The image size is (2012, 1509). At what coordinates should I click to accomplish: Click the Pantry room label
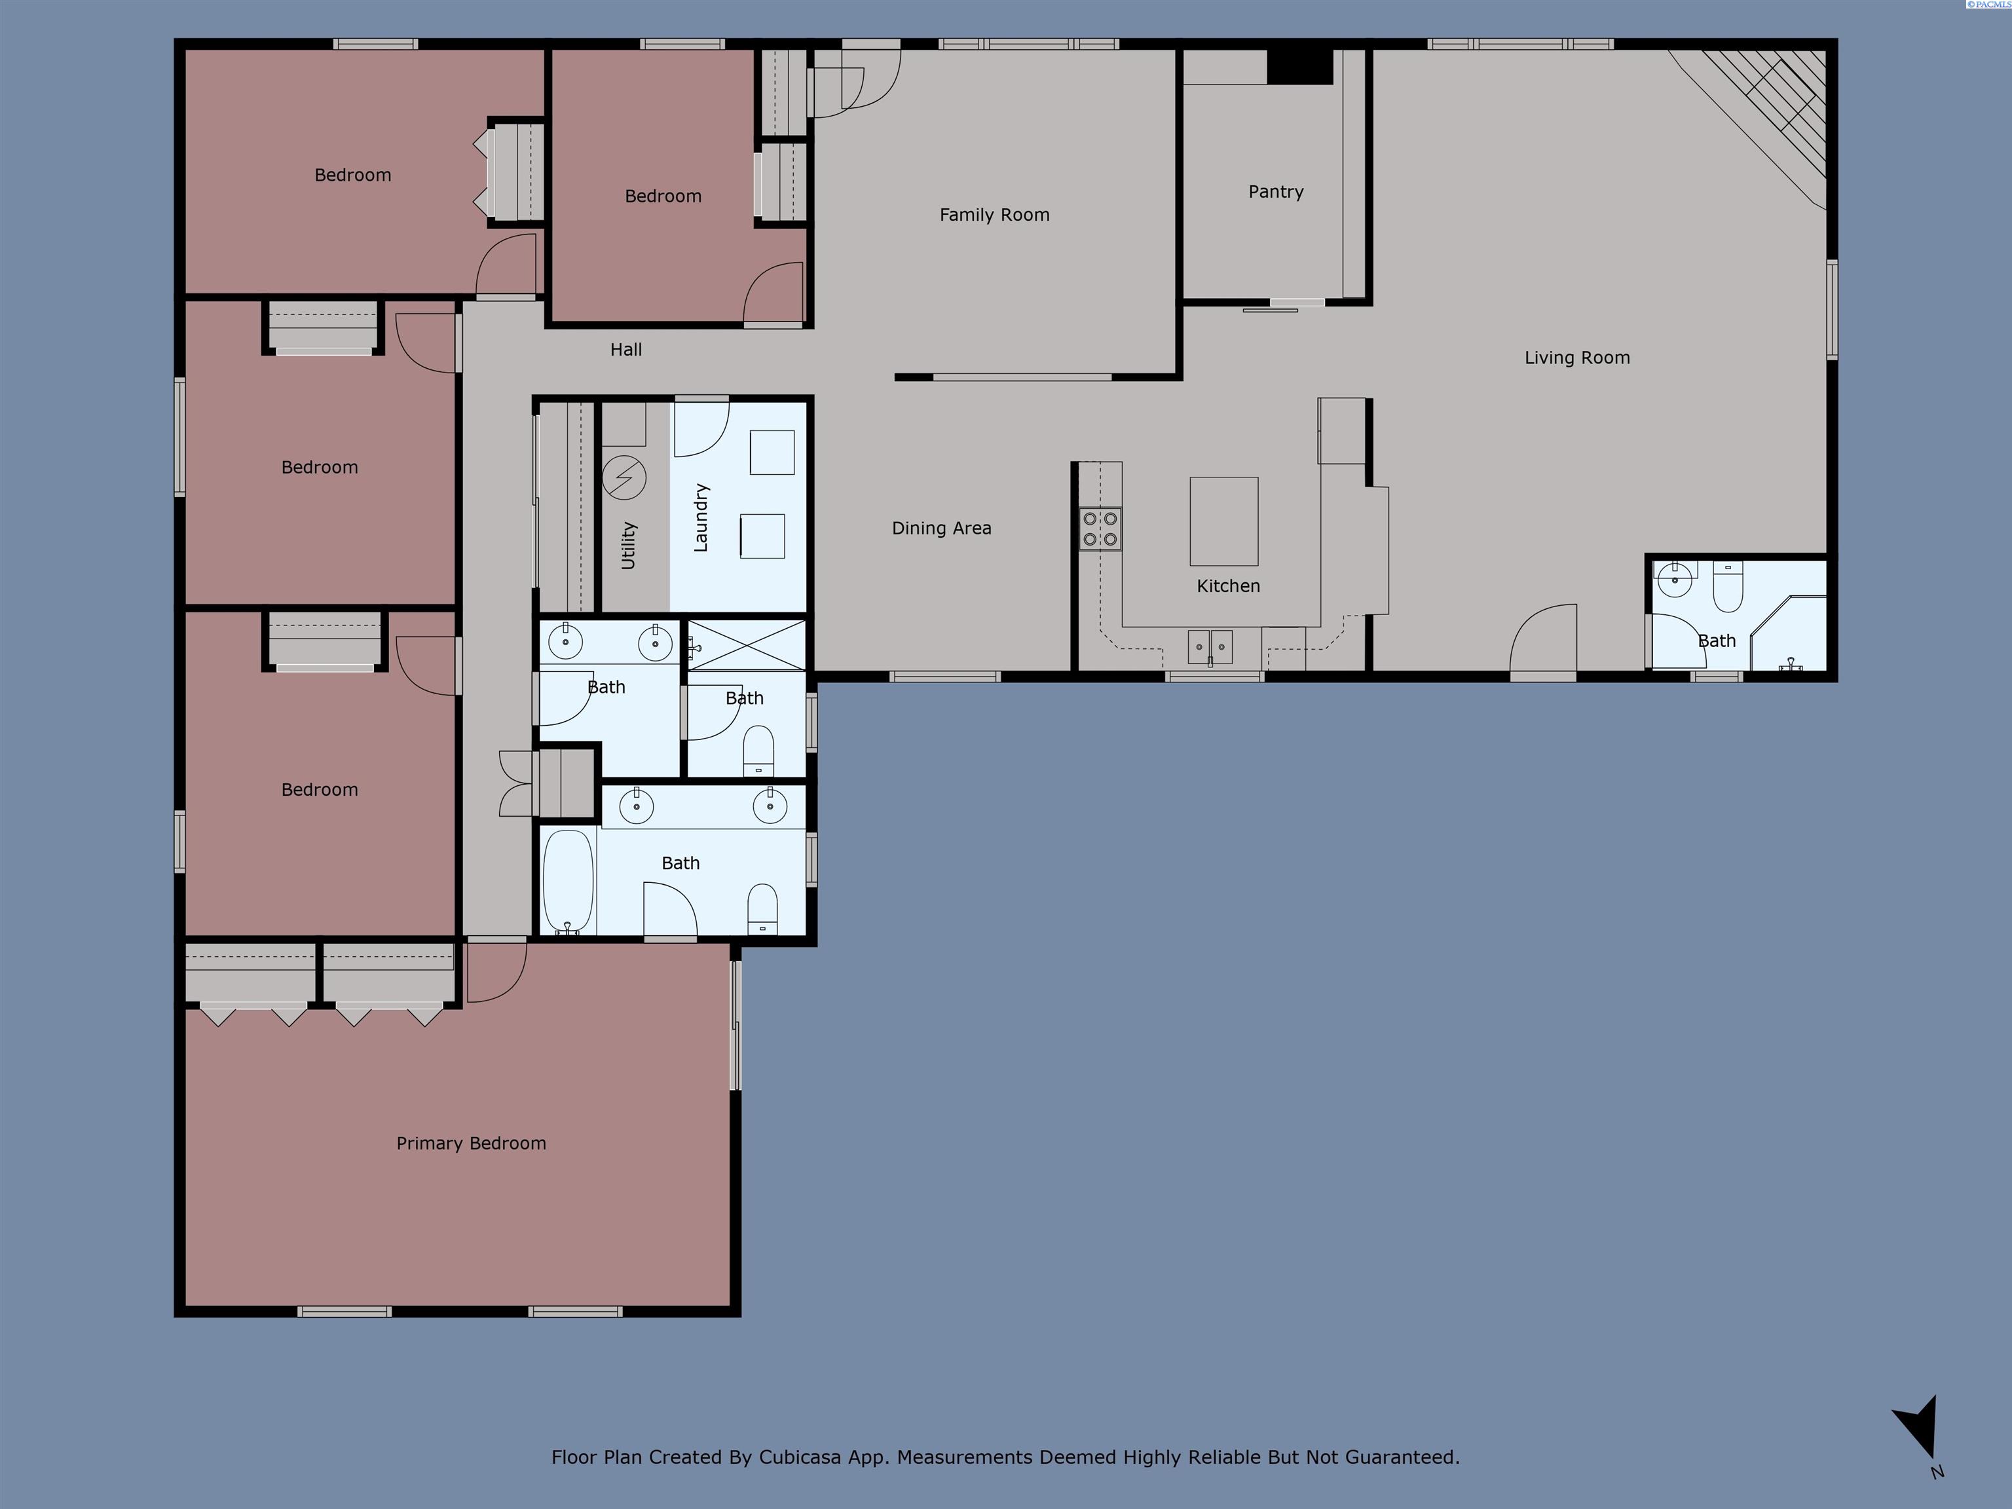tap(1275, 192)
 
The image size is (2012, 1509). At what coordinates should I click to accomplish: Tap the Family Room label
tap(994, 215)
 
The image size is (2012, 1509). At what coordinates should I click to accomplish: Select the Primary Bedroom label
tap(471, 1144)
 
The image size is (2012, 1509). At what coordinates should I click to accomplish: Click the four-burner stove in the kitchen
tap(1100, 529)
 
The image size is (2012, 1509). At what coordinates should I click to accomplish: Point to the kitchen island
tap(1223, 521)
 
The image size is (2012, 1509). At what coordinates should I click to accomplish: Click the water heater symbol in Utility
tap(624, 477)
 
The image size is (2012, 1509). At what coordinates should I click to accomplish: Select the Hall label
tap(625, 349)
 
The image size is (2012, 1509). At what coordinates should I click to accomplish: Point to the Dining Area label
tap(941, 529)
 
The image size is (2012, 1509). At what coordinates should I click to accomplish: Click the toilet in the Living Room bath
tap(1727, 587)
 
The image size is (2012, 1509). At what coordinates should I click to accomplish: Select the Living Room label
tap(1576, 358)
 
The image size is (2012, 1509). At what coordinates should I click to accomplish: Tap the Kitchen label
tap(1228, 586)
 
